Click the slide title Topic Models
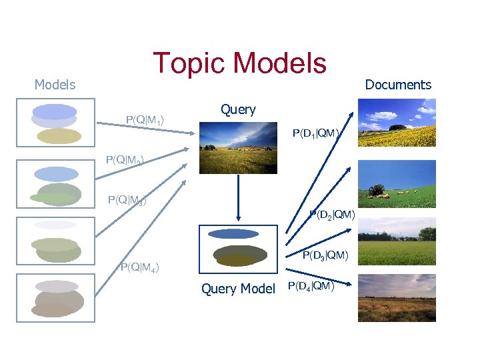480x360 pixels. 240,64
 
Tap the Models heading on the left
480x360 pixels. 55,85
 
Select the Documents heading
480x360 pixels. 398,85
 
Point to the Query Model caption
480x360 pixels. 238,289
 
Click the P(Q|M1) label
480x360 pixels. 146,119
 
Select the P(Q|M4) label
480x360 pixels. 139,268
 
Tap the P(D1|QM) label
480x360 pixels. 316,133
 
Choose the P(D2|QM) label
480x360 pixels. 332,215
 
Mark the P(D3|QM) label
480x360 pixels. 326,255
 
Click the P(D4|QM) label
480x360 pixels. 310,286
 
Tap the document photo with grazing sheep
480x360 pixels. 397,186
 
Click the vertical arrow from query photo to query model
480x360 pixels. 238,197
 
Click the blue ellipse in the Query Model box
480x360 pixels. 233,234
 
